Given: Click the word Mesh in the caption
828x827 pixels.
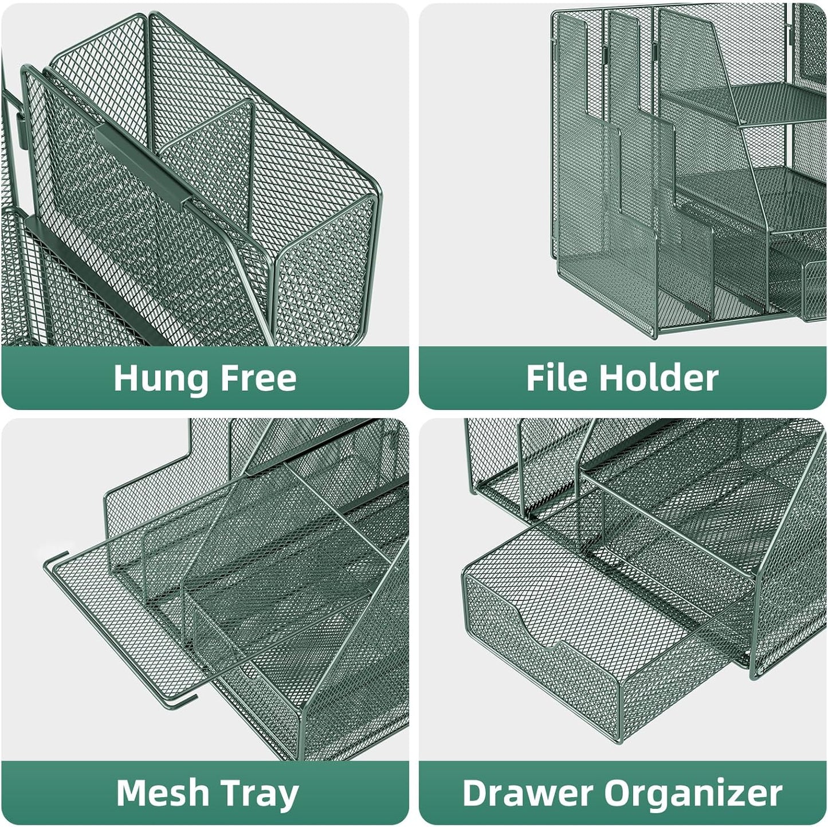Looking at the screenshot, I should pos(163,793).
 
